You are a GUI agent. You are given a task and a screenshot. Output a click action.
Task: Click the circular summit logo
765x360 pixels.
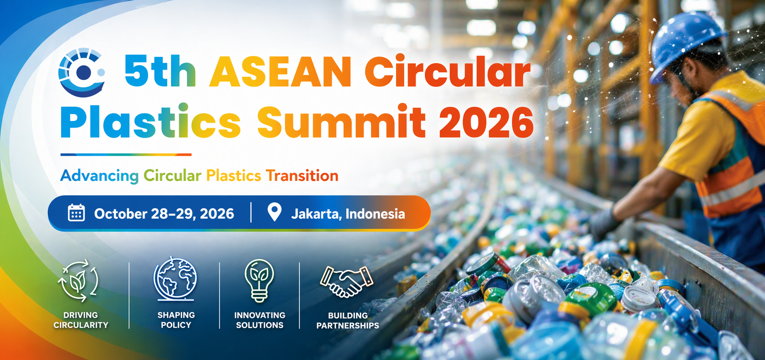82,72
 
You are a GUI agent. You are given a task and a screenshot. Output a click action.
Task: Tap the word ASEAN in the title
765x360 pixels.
280,72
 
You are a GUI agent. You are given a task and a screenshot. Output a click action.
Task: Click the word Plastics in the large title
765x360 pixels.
151,122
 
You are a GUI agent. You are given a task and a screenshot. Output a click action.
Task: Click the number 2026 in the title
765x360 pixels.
486,122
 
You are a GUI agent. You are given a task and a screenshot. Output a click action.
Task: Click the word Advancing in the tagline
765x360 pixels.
99,176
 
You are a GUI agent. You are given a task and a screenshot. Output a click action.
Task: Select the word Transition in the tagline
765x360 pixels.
302,176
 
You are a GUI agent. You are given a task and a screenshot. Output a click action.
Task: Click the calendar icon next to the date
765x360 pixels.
76,213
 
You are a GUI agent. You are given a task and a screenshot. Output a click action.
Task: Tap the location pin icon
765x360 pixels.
275,212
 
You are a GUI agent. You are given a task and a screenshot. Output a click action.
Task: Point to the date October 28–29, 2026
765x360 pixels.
164,214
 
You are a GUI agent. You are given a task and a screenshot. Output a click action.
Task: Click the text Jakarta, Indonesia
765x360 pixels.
348,214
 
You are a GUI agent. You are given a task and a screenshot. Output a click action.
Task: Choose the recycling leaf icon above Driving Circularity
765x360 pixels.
78,280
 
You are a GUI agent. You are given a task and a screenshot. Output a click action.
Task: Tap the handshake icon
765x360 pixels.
346,281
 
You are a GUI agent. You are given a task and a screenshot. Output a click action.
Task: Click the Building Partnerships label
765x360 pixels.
348,321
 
